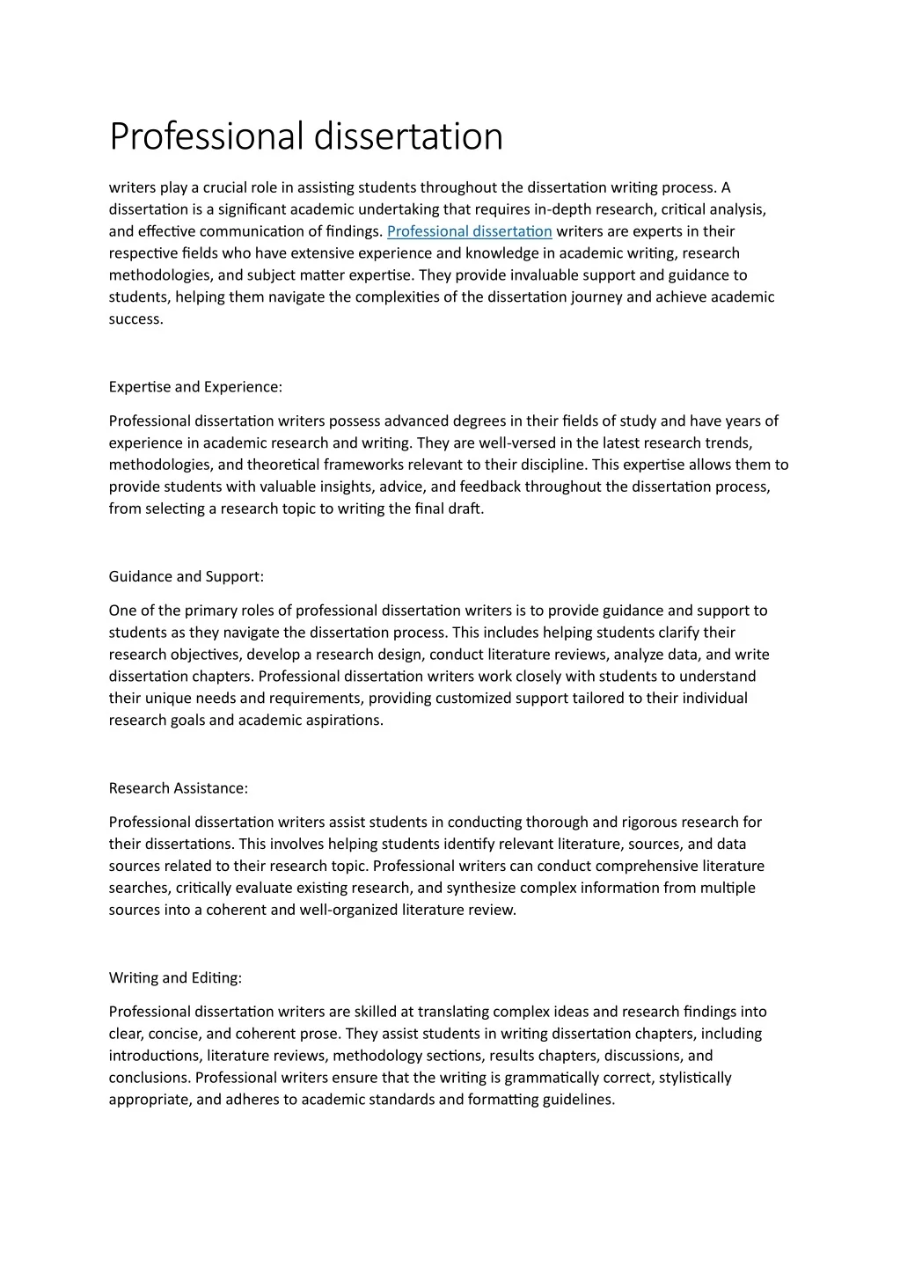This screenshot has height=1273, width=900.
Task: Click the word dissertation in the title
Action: (x=408, y=136)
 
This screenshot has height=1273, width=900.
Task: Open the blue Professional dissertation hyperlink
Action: (x=469, y=231)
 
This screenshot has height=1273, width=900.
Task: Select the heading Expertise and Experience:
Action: (x=195, y=387)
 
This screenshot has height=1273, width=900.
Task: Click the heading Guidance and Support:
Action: (x=186, y=577)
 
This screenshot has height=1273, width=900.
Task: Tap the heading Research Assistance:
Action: (x=178, y=788)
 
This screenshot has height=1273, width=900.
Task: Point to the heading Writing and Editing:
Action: (x=175, y=978)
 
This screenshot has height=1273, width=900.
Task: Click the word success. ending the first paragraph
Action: (x=135, y=319)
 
